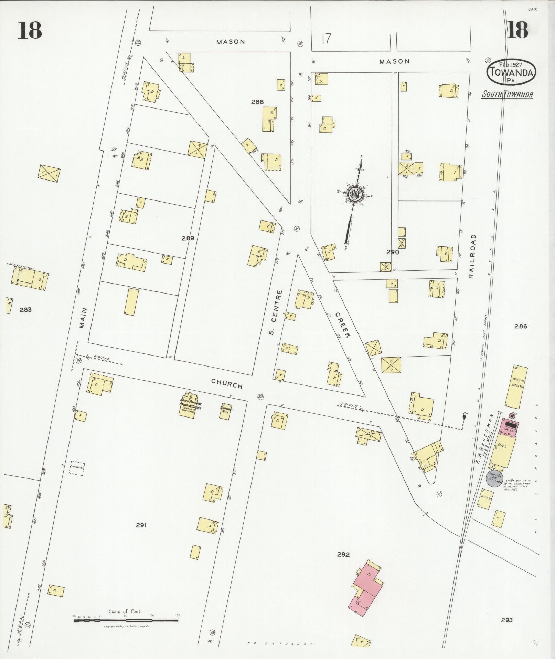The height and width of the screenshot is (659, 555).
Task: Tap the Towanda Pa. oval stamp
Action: tap(511, 72)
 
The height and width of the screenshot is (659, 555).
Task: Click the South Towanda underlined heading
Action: tap(508, 94)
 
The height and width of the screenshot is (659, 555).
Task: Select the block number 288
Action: tap(257, 102)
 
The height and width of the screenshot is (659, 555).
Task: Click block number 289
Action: tap(188, 238)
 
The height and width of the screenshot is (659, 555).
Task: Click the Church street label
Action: tap(227, 383)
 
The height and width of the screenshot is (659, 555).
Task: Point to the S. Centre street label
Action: tap(275, 312)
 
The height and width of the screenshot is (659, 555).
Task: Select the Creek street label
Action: tap(343, 325)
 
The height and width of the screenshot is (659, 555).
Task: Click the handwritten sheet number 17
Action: tap(326, 39)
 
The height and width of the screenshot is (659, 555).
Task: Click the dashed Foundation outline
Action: tap(77, 468)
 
